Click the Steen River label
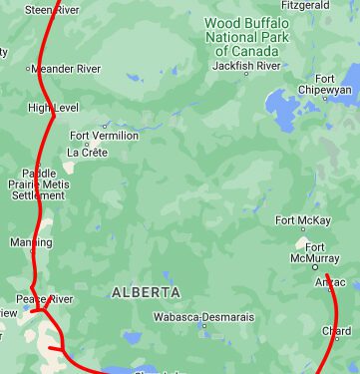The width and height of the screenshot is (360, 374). coord(51,9)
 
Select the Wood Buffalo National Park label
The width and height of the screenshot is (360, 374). coord(247,36)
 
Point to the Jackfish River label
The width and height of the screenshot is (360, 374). coord(246,66)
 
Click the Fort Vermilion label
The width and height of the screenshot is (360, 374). coord(104,136)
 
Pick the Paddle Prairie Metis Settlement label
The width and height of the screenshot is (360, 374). coord(37,184)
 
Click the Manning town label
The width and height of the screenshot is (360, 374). coord(30,242)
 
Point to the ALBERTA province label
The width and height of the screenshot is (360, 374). coord(146,292)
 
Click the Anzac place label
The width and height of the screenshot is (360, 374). coord(330,282)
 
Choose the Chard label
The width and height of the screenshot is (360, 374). coord(336,331)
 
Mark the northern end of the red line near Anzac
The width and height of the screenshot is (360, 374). coord(327,272)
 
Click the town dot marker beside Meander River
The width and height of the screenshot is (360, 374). coord(28,69)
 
